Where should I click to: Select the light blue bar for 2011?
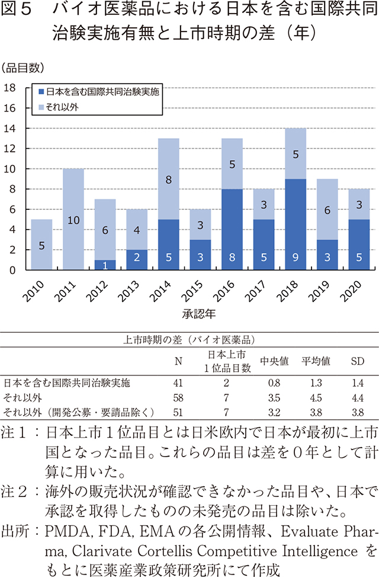click(74, 219)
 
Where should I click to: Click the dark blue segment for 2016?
click(232, 229)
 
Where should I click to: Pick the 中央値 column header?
click(274, 362)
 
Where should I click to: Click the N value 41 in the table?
click(178, 382)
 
